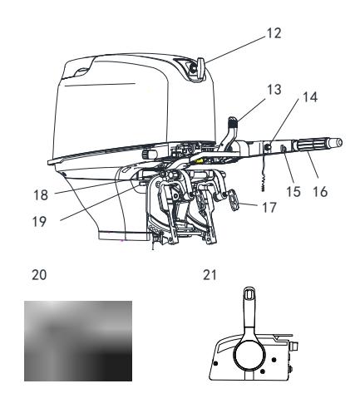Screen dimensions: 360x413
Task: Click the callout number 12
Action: (x=274, y=33)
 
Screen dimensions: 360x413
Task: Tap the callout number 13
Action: (x=274, y=90)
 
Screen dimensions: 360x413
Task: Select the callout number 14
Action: (x=310, y=97)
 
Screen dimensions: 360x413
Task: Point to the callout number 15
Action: (x=293, y=191)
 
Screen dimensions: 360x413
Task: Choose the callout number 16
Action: (x=320, y=191)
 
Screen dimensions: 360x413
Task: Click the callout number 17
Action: (x=269, y=208)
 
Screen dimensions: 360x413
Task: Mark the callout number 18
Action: (x=41, y=195)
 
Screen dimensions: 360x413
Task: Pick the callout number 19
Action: (x=39, y=222)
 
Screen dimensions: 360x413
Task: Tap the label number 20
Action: (x=39, y=275)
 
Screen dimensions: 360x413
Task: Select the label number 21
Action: (x=210, y=275)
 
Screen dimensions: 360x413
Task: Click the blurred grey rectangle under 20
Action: (x=78, y=341)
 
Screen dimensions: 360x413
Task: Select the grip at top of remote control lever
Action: (x=249, y=293)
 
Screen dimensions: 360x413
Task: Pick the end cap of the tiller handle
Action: (x=337, y=142)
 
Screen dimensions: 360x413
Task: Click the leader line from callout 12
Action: (x=235, y=49)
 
